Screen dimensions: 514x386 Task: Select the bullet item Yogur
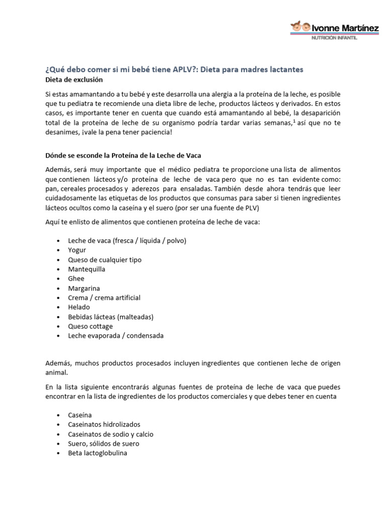pyautogui.click(x=77, y=250)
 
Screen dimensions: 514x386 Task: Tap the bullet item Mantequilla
pyautogui.click(x=86, y=269)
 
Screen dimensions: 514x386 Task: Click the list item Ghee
pyautogui.click(x=76, y=279)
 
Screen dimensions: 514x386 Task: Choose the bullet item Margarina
pyautogui.click(x=84, y=288)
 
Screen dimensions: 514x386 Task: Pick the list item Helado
pyautogui.click(x=79, y=307)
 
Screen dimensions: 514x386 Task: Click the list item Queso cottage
pyautogui.click(x=90, y=326)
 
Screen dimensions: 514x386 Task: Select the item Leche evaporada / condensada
pyautogui.click(x=116, y=336)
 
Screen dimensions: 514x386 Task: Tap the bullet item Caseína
pyautogui.click(x=80, y=415)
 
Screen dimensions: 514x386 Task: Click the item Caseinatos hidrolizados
pyautogui.click(x=104, y=425)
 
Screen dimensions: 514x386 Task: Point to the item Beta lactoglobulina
pyautogui.click(x=98, y=453)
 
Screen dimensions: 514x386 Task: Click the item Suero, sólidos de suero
pyautogui.click(x=104, y=444)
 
